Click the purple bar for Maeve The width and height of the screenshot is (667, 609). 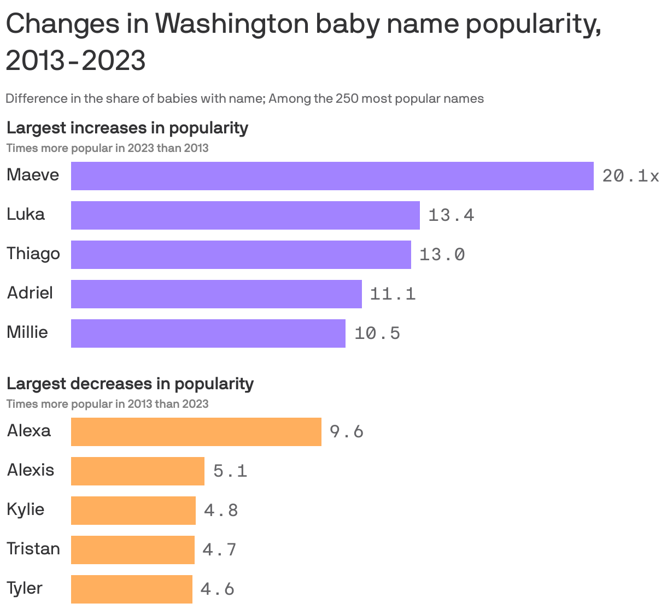point(332,176)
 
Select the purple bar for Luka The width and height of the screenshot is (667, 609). point(245,215)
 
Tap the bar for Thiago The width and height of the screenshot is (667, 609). point(241,255)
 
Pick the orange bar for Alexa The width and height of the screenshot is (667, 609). point(196,432)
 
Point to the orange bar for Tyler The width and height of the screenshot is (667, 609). point(131,589)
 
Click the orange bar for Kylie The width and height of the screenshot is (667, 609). point(133,511)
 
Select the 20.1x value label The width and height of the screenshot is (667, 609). point(630,176)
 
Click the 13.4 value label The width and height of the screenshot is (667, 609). point(451,215)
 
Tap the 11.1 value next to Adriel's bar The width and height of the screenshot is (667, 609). point(393,294)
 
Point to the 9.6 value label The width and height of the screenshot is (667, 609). point(347,432)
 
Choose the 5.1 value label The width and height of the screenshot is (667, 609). point(230,471)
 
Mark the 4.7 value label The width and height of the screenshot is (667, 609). point(219,549)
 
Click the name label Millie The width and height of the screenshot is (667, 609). point(27,332)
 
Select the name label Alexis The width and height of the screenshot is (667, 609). point(31,470)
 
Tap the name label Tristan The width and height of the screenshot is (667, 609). point(33,549)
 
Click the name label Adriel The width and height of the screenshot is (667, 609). point(30,293)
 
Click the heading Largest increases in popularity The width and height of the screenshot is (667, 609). point(127,128)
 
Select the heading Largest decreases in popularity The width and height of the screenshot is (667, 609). point(130,384)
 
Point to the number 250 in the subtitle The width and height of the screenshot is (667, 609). point(347,99)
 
